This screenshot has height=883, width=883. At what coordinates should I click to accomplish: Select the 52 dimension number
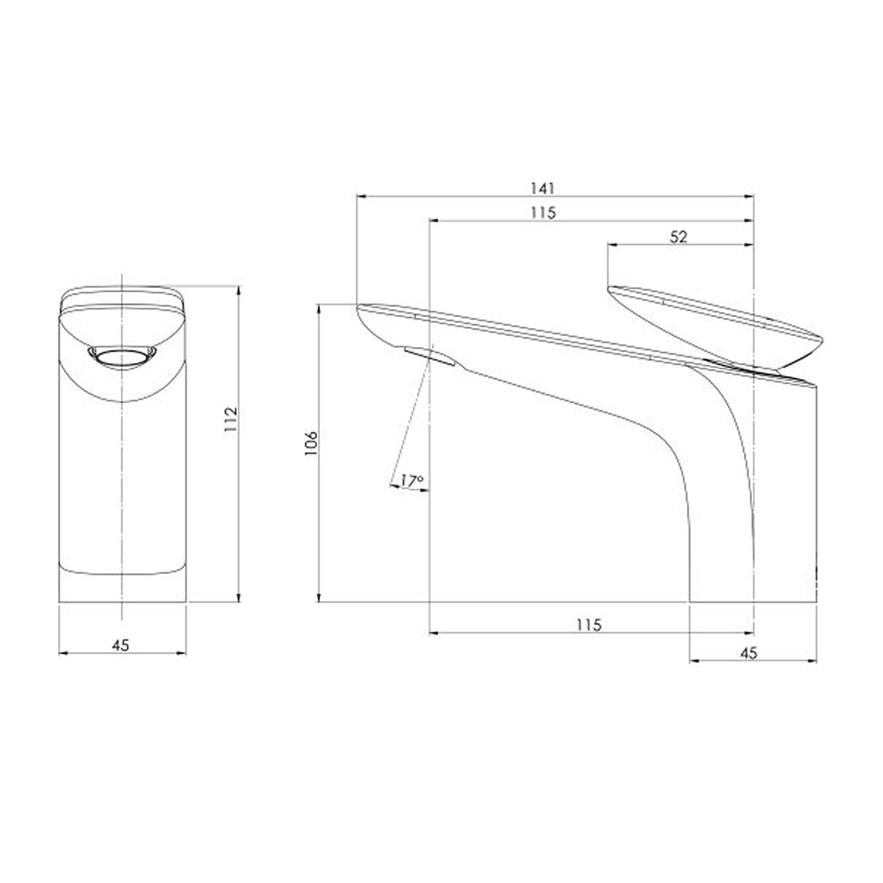(679, 236)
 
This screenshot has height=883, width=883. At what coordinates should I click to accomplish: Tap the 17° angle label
(410, 481)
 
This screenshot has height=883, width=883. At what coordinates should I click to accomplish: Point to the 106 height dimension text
(312, 443)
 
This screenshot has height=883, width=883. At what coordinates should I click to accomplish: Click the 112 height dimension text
(231, 420)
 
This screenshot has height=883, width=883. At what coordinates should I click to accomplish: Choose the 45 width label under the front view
(121, 645)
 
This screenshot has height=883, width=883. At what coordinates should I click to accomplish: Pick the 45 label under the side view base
(749, 652)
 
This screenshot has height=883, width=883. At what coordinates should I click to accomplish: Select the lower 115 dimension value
(588, 625)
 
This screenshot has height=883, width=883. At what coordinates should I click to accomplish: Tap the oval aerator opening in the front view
(122, 356)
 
